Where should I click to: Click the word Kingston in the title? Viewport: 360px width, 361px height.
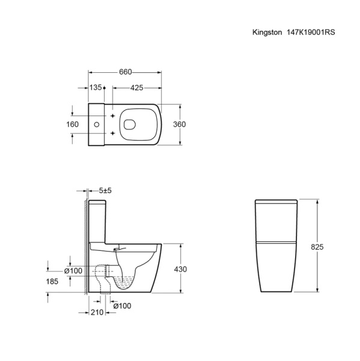coord(267,32)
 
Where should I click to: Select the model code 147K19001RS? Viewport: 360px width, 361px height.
coord(311,32)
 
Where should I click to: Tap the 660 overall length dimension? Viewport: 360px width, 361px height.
coord(126,72)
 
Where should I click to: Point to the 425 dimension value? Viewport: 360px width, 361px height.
coord(136,88)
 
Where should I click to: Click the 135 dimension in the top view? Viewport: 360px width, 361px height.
coord(96,87)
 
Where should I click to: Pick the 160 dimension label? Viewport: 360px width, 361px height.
coord(73,125)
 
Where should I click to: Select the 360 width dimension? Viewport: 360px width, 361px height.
coord(179,125)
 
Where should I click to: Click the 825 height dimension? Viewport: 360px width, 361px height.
coord(317,247)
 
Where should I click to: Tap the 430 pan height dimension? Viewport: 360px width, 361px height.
coord(180,269)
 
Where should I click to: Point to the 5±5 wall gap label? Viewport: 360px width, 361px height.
coord(105,191)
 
